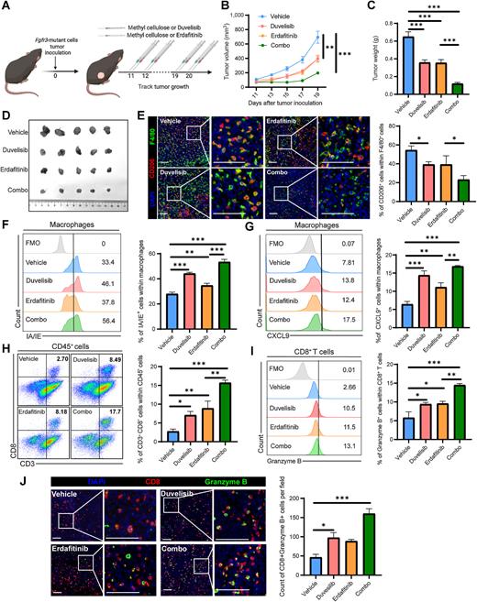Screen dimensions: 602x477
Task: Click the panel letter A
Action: coord(6,7)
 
